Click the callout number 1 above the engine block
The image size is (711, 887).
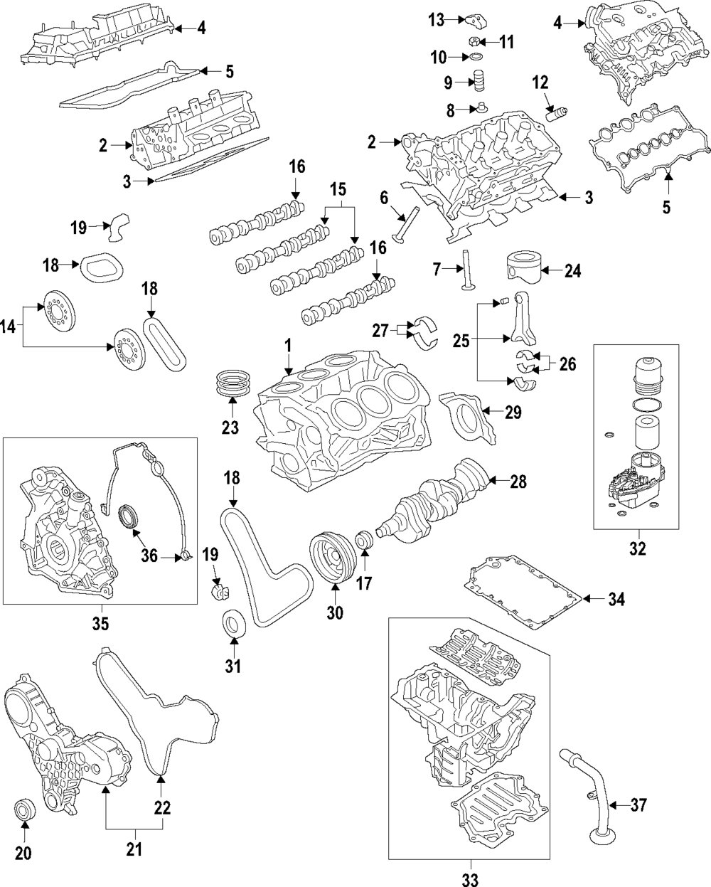289,346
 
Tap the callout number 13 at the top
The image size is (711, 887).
436,18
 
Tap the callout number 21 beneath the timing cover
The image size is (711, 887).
134,849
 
